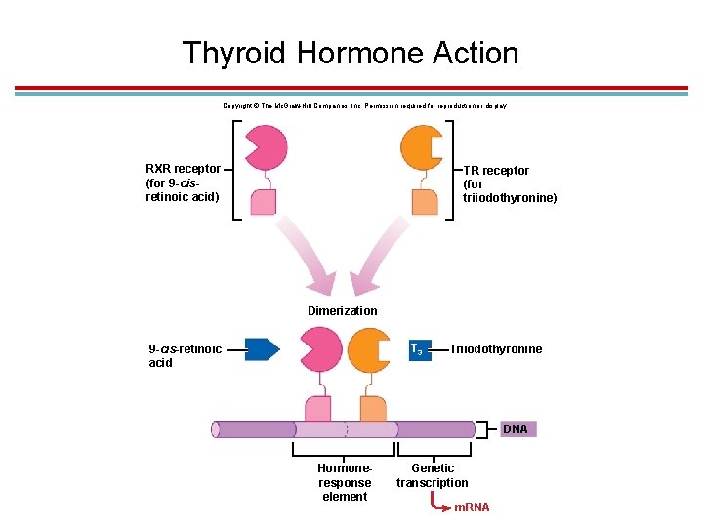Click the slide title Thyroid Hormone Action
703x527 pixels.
pyautogui.click(x=351, y=52)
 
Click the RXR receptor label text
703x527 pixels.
pyautogui.click(x=183, y=182)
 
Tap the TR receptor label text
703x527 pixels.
pyautogui.click(x=509, y=183)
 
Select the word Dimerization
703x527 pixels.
pyautogui.click(x=342, y=311)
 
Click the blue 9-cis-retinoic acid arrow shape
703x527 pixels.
pyautogui.click(x=261, y=348)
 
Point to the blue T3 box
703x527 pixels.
pyautogui.click(x=418, y=348)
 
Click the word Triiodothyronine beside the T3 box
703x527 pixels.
pyautogui.click(x=496, y=349)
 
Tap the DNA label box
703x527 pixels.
pyautogui.click(x=516, y=429)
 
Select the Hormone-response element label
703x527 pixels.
pyautogui.click(x=345, y=482)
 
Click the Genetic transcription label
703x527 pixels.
pyautogui.click(x=432, y=475)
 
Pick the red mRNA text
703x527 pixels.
pyautogui.click(x=473, y=507)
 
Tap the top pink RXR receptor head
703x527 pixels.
pyautogui.click(x=264, y=145)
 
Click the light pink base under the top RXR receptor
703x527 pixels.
pyautogui.click(x=263, y=200)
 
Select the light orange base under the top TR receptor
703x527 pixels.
pyautogui.click(x=425, y=201)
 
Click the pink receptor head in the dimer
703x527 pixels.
pyautogui.click(x=319, y=349)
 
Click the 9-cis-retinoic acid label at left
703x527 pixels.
pyautogui.click(x=185, y=355)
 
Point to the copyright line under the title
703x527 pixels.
pyautogui.click(x=364, y=104)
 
